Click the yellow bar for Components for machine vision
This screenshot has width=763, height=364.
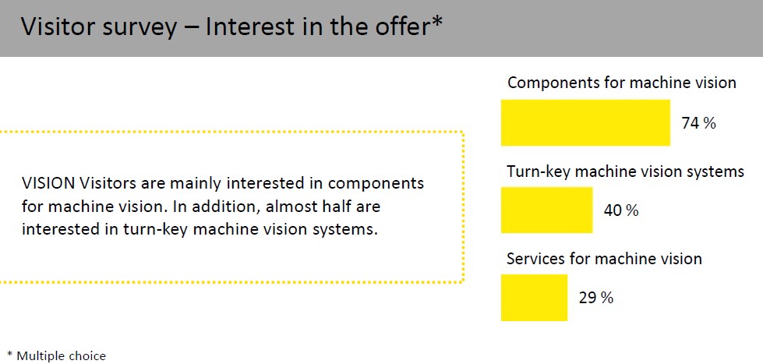tap(585, 122)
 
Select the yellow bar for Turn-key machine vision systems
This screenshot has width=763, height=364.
tap(547, 210)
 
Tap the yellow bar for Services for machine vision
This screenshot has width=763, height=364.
tap(535, 297)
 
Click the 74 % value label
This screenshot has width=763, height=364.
tap(699, 124)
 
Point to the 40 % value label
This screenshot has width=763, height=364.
tap(621, 210)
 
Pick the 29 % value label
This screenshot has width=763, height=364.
tap(595, 298)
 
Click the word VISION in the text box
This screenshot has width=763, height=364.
tap(48, 184)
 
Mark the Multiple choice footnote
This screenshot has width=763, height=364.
tap(56, 355)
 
